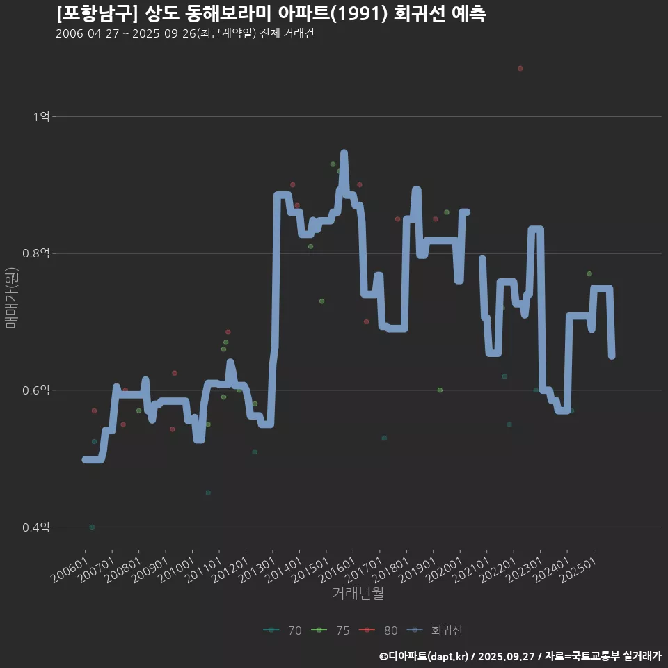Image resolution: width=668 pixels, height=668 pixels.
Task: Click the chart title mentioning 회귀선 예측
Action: pos(271,13)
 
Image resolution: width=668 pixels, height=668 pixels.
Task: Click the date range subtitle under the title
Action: pos(184,33)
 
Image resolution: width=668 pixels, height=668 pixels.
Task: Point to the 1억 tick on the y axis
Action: pos(41,117)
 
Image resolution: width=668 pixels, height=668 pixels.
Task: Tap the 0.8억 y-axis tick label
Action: pos(36,254)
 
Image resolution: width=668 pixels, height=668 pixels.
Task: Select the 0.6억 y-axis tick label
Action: pos(36,390)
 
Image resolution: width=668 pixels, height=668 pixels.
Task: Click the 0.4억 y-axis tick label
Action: pos(36,527)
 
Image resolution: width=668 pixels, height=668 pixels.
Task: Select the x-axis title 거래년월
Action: pos(358,593)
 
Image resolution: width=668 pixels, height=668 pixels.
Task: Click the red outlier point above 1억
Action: pos(520,68)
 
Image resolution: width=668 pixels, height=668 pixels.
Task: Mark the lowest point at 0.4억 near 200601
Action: pos(92,527)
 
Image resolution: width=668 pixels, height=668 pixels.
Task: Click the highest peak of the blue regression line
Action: pos(344,153)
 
